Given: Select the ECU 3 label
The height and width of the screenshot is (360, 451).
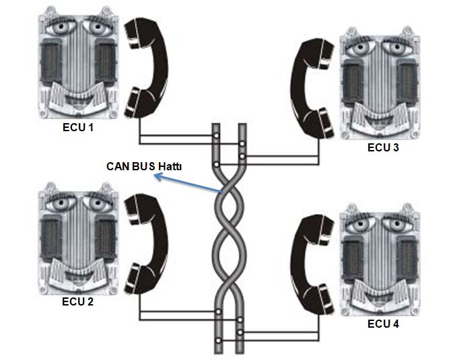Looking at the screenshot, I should click(x=383, y=147).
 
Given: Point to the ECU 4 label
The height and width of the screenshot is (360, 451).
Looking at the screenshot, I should click(x=383, y=324).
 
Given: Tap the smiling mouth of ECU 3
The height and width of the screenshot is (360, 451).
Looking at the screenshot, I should click(x=379, y=122).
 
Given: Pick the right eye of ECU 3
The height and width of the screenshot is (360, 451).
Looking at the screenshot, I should click(x=398, y=52).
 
